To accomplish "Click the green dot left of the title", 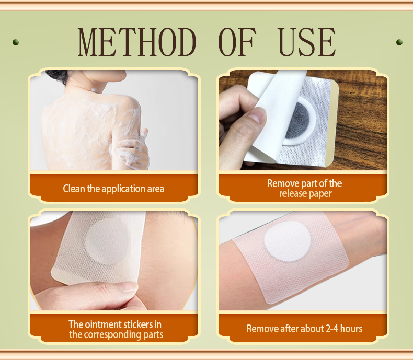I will coord(15,42).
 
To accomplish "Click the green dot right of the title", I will coord(399,42).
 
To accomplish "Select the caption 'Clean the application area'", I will coord(113,189).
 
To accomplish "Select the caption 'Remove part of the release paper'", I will coord(304,189).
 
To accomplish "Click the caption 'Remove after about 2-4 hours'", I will coord(304,329).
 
